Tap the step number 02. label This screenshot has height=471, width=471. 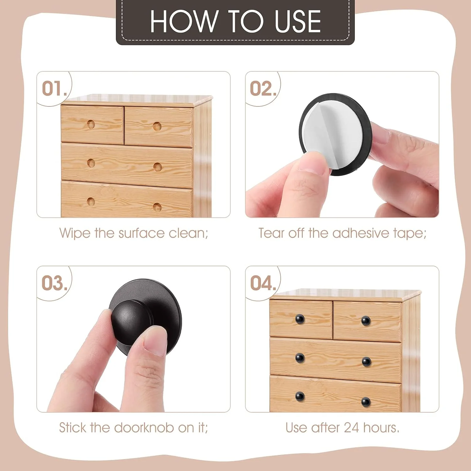(x=263, y=89)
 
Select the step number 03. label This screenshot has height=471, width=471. (x=54, y=283)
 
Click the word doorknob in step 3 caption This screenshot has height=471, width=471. (x=143, y=428)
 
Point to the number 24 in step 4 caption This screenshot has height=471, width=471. (x=351, y=428)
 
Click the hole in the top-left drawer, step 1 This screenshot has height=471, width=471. (x=91, y=124)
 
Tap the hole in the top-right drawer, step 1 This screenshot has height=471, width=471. (x=157, y=127)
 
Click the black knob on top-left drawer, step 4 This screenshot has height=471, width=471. (x=300, y=319)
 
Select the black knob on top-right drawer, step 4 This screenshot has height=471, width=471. (x=366, y=321)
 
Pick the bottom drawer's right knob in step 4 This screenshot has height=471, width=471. (x=366, y=402)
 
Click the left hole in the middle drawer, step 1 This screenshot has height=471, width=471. (x=91, y=163)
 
